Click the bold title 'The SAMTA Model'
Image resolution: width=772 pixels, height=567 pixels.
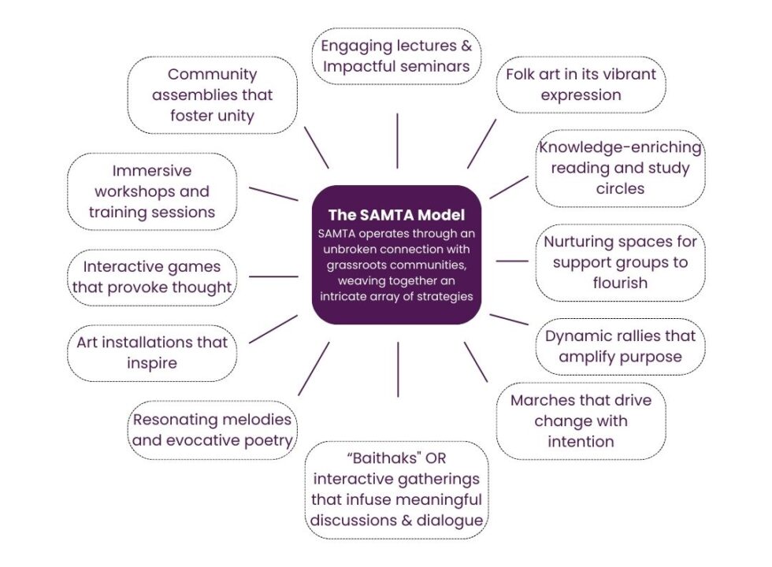pos(396,214)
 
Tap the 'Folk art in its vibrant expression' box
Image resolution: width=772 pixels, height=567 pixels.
pos(581,84)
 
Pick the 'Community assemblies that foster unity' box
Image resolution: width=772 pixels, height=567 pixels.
pos(212,95)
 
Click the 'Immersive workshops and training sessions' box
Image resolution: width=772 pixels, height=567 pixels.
pos(151,191)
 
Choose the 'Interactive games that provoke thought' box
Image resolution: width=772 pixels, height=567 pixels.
pos(151,276)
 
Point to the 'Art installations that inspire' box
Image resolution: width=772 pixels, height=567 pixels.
pos(151,353)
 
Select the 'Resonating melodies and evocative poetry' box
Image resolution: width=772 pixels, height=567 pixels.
pos(212,429)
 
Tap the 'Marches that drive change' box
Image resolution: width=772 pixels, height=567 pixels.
pos(581,421)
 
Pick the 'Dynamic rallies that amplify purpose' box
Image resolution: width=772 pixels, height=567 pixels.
pos(620,346)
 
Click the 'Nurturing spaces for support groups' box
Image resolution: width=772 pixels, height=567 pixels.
pos(620,262)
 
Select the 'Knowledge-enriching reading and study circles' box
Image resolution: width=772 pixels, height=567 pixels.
pos(620,168)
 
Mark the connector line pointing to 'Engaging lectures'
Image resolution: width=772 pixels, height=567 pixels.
pos(397,140)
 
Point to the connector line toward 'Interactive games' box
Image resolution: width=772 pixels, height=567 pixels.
pos(273,276)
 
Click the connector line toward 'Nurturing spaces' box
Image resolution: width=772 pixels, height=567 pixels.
pos(512,261)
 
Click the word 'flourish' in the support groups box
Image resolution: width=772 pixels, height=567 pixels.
pos(620,283)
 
